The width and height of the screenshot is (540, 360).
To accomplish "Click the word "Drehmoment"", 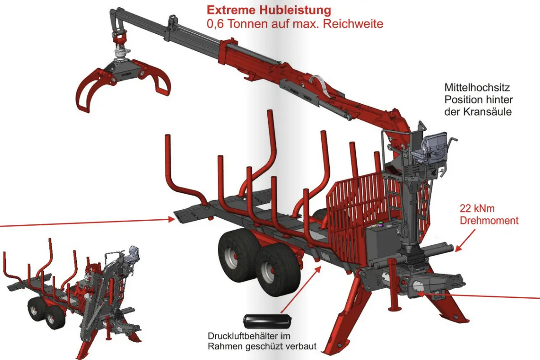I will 489,221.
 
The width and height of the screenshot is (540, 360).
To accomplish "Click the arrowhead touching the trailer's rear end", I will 173,220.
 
